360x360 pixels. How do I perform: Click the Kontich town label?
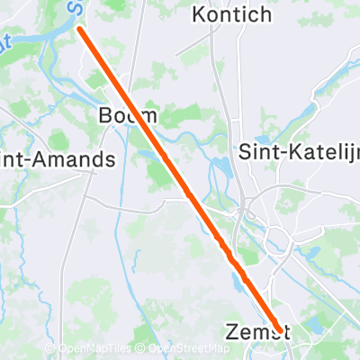pyautogui.click(x=231, y=14)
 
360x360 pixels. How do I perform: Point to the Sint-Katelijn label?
pyautogui.click(x=298, y=152)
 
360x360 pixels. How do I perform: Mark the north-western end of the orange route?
pyautogui.click(x=80, y=29)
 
